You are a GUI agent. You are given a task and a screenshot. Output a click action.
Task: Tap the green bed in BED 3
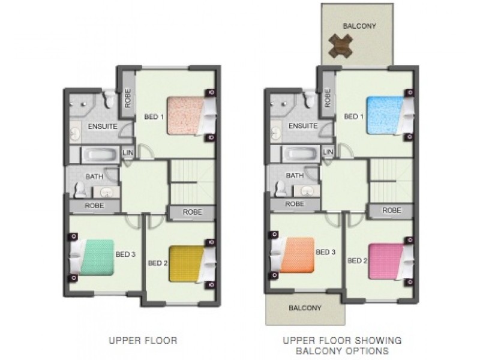pos(93,257)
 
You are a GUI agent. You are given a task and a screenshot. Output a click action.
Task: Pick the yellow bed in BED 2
pos(187,263)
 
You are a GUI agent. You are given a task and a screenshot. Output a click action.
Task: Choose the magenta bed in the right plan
pos(386,261)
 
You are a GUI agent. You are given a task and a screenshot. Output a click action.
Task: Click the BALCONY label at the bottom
pos(305,308)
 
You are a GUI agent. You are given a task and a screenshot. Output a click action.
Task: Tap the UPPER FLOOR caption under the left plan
pos(143,340)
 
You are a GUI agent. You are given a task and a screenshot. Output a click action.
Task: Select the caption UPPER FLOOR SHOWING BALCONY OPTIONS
pos(343,345)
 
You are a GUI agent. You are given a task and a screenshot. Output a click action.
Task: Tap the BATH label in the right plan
pos(294,176)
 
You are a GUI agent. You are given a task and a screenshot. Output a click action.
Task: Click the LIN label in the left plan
pos(127,154)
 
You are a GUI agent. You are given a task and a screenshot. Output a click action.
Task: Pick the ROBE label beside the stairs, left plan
pos(191,212)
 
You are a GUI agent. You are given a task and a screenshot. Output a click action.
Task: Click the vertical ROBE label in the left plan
pos(127,98)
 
